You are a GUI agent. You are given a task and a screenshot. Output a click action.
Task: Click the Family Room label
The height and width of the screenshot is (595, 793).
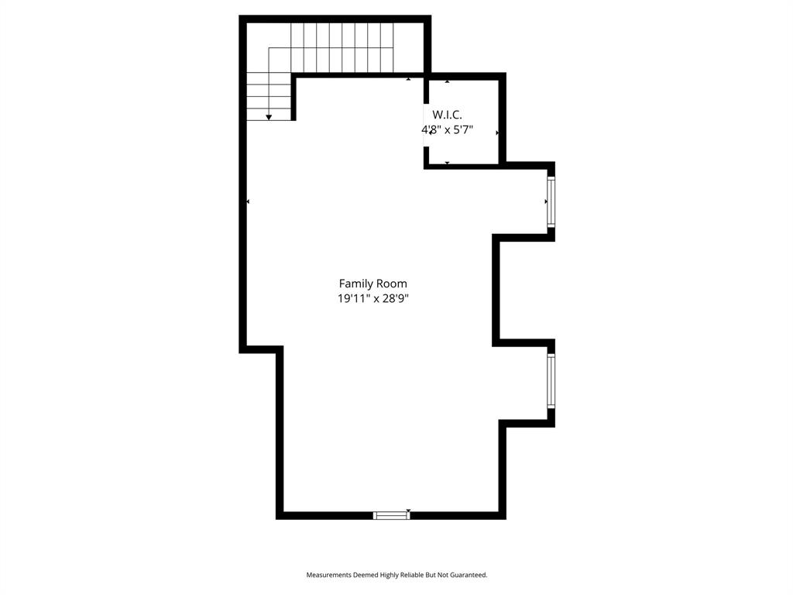pos(372,284)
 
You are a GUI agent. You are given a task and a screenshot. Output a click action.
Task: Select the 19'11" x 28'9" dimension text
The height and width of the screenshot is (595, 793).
pos(372,298)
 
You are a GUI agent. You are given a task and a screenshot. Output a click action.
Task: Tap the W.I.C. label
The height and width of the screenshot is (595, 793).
pos(447,115)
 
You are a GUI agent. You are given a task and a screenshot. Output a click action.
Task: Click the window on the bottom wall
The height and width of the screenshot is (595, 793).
pos(391,514)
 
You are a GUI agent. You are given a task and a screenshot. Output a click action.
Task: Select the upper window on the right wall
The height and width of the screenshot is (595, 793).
pos(551,201)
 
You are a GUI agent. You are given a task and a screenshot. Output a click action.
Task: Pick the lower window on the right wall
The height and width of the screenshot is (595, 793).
pos(551,380)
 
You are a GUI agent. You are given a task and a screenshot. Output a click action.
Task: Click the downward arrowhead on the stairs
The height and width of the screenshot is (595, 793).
pos(269,117)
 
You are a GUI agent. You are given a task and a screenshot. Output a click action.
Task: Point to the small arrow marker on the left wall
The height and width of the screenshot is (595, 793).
pos(248,201)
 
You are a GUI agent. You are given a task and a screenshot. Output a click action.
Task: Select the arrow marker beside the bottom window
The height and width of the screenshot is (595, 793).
pos(408,511)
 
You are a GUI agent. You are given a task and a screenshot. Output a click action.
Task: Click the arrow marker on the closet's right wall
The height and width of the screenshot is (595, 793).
pos(497,133)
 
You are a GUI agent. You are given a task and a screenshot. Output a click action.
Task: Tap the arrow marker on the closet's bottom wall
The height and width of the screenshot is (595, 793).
pos(448,163)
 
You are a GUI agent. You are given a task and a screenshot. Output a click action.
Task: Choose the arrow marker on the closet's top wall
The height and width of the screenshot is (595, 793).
pos(448,81)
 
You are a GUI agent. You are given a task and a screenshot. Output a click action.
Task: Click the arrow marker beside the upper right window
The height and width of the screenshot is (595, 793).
pos(545,201)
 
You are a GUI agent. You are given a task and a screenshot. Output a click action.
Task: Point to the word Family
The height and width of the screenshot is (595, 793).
pos(355,284)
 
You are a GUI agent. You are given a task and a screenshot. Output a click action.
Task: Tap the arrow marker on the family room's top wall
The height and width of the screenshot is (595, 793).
pos(408,79)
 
